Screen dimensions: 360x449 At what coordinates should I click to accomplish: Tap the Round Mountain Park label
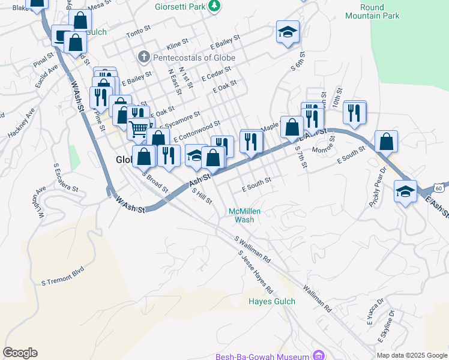click(x=381, y=12)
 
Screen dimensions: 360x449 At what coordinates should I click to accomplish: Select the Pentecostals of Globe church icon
click(x=143, y=58)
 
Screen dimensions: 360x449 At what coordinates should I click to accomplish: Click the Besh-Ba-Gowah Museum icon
click(x=319, y=356)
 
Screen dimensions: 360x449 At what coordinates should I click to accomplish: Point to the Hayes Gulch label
click(x=273, y=301)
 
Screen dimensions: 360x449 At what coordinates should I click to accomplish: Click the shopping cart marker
click(x=139, y=128)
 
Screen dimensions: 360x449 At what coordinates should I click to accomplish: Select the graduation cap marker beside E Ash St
click(x=405, y=192)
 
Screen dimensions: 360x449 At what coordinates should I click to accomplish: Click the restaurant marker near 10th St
click(x=355, y=112)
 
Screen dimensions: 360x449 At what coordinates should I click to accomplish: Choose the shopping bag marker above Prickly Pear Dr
click(x=387, y=142)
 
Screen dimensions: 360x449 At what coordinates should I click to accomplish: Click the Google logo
click(x=20, y=353)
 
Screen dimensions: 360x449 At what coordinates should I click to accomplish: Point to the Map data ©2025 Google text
click(x=411, y=355)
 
